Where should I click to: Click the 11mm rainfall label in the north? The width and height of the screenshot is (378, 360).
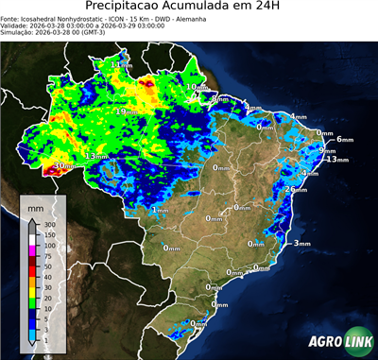tap(121, 64)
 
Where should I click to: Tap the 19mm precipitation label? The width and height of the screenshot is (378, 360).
tap(126, 111)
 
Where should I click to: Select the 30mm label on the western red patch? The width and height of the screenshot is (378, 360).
tap(62, 166)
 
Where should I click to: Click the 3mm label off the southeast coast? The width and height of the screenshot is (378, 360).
tap(302, 244)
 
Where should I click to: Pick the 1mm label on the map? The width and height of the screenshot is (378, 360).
tap(161, 211)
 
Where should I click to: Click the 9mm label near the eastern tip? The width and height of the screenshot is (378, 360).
tap(327, 151)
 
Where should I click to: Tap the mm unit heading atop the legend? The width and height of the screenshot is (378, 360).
tap(36, 204)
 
